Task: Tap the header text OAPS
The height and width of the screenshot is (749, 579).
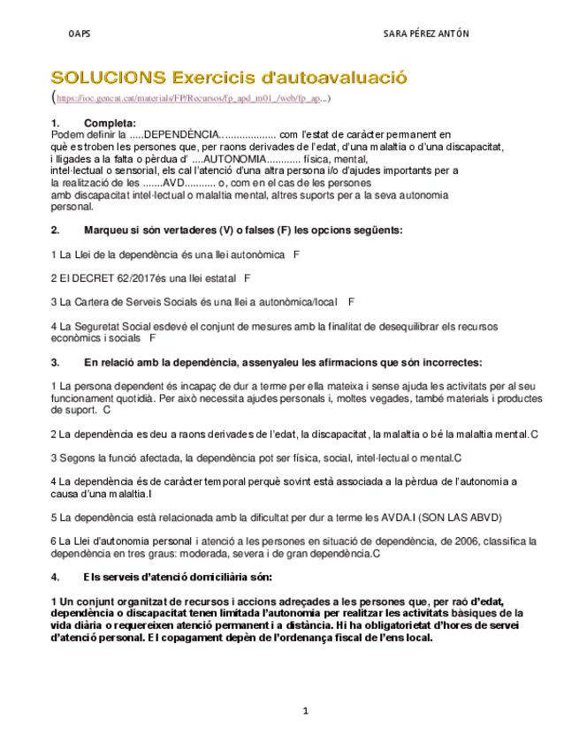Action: [x=80, y=34]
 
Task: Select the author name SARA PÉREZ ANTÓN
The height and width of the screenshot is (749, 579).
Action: [x=426, y=34]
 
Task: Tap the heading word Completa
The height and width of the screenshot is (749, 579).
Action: [x=110, y=122]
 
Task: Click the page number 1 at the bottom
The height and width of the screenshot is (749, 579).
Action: [x=304, y=710]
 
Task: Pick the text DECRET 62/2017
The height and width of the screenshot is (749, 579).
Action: [x=105, y=278]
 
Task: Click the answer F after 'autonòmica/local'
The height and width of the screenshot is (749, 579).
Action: [x=352, y=302]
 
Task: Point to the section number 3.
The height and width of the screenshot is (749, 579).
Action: [x=55, y=362]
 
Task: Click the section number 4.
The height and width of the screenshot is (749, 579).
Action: [x=55, y=578]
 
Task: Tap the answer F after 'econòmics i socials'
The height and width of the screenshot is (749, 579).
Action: [x=153, y=338]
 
